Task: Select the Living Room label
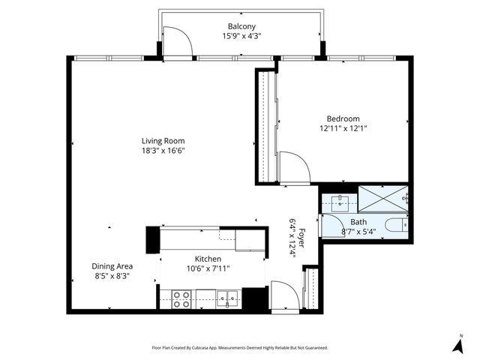[x=163, y=140]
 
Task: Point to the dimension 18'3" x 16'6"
[x=163, y=150]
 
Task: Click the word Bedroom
[x=343, y=118]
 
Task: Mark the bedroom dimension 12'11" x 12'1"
[x=343, y=128]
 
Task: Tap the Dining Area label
[x=112, y=266]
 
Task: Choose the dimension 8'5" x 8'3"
[x=112, y=276]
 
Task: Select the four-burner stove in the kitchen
[x=181, y=299]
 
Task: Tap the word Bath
[x=358, y=223]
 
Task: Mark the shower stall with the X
[x=382, y=197]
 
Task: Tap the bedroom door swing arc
[x=294, y=167]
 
